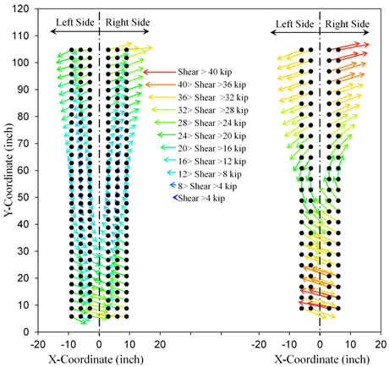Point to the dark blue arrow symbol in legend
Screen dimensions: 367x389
point(173,199)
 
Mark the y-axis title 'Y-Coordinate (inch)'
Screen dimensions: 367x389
point(7,169)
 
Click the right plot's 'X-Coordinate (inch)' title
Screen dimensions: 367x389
point(313,359)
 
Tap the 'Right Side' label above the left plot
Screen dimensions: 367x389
point(127,19)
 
